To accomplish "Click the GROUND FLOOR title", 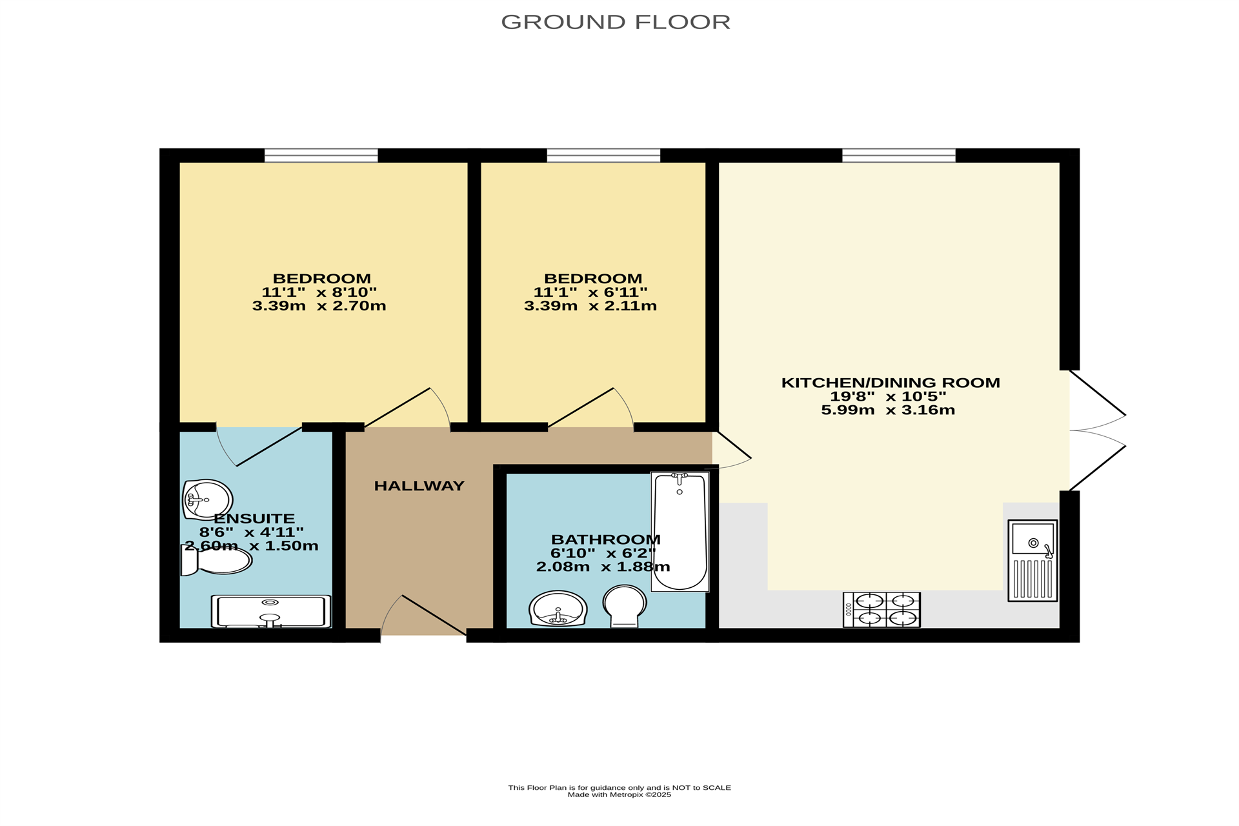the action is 616,22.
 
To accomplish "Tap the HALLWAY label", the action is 419,486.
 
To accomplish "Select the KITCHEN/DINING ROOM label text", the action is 891,383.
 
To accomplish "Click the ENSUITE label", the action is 254,518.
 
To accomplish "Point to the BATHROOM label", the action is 606,539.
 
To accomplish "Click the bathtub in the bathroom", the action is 680,532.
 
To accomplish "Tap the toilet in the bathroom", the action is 625,606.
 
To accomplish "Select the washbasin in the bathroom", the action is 558,609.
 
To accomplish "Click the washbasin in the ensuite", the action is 207,499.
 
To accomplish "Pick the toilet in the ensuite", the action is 216,560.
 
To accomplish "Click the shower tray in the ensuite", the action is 271,611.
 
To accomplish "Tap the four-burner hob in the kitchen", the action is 881,609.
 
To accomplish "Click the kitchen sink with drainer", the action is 1032,561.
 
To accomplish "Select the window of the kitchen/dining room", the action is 898,156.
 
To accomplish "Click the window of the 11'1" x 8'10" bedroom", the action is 321,156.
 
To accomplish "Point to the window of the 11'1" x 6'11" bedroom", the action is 603,156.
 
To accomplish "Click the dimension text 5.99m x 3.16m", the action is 888,410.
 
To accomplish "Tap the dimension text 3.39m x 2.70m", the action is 319,306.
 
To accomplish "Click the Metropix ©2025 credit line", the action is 619,795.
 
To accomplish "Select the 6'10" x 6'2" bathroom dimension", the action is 603,554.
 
